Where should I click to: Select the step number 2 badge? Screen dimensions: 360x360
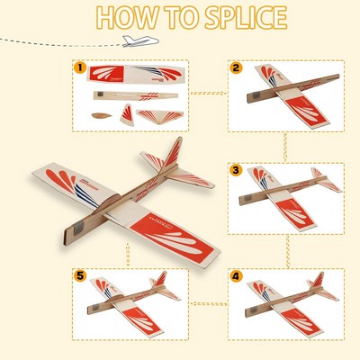pyautogui.click(x=236, y=67)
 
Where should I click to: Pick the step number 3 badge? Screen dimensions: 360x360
pyautogui.click(x=236, y=170)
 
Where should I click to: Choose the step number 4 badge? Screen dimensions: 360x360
pyautogui.click(x=236, y=278)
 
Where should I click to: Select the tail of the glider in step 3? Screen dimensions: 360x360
pyautogui.click(x=322, y=178)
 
